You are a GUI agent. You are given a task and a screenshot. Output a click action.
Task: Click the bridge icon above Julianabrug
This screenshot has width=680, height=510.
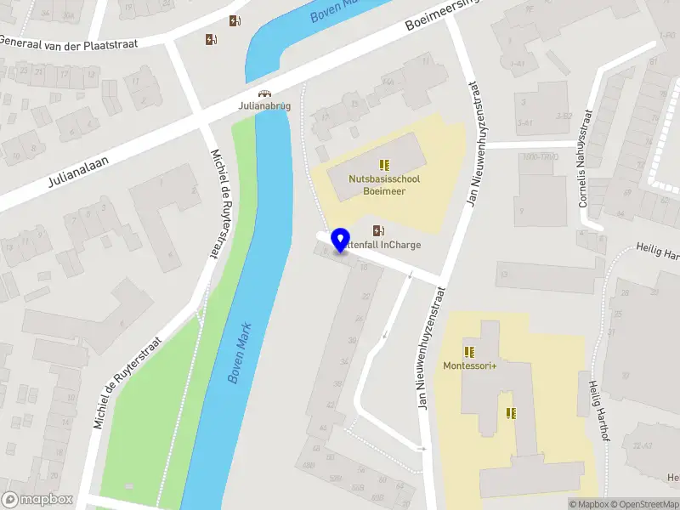(x=264, y=94)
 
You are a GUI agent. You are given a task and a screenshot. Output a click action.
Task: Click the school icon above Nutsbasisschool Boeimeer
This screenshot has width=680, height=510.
(x=384, y=164)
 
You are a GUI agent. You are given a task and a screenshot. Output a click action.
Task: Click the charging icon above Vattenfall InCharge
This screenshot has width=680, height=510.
(x=377, y=229)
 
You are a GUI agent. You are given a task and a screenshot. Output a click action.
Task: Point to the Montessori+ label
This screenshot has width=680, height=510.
(x=468, y=365)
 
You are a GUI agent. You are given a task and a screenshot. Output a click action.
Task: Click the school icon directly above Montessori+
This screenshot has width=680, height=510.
(x=468, y=351)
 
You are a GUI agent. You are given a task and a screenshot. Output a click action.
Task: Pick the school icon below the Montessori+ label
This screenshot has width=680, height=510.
(x=511, y=413)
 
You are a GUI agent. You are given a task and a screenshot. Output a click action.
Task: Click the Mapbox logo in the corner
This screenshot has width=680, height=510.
(x=37, y=499)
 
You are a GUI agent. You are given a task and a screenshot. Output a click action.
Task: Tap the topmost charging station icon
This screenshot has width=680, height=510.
(x=234, y=21)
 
